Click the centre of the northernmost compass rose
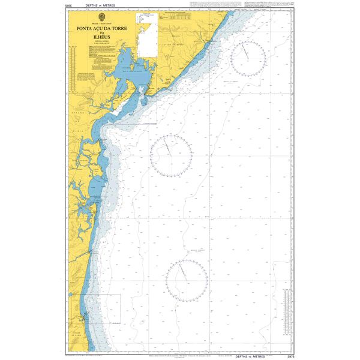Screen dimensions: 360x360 click(x=248, y=58)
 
